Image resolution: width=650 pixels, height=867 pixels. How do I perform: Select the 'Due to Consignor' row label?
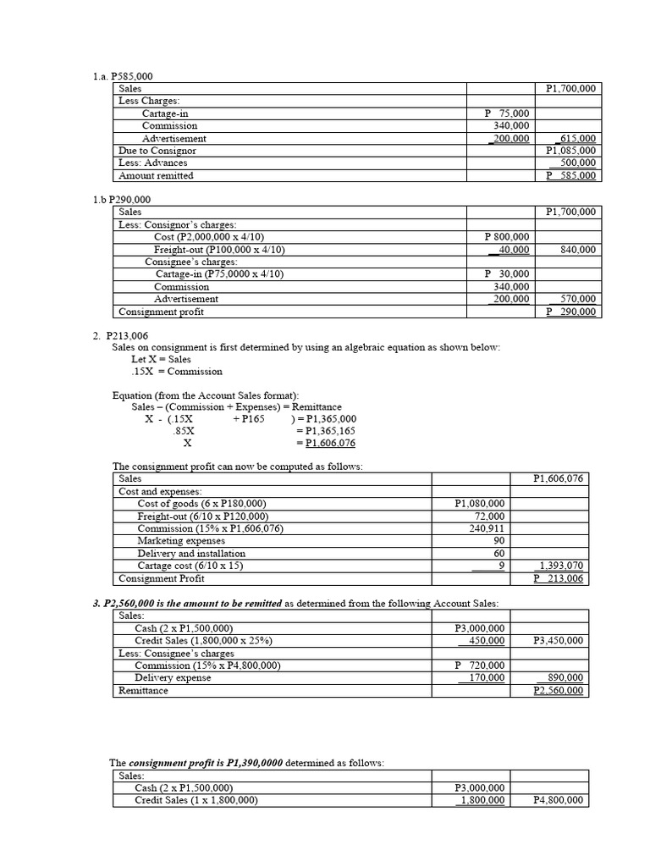157,151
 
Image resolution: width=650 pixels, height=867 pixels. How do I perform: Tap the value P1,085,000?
570,151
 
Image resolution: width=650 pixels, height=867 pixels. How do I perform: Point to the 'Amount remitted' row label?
156,175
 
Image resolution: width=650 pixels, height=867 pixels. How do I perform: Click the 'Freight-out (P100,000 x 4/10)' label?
219,250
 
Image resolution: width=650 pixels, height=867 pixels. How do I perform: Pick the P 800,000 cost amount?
507,237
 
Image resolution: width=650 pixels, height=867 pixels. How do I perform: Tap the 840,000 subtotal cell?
577,250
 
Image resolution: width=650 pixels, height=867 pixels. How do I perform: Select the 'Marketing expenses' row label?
181,540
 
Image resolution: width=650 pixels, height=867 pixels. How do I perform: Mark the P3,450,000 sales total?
558,640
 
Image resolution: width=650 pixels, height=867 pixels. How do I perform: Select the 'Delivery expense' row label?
173,677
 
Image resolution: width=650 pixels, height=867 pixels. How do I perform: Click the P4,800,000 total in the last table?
558,800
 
